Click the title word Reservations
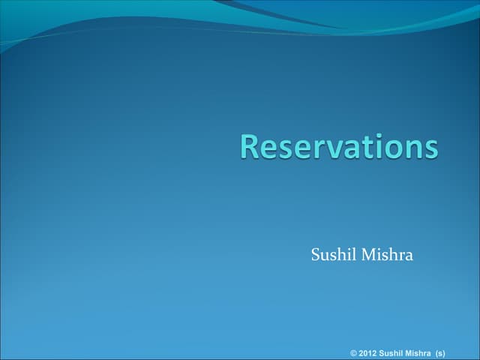(339, 146)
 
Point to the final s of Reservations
(429, 148)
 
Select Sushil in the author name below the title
(334, 256)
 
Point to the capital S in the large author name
(316, 256)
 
